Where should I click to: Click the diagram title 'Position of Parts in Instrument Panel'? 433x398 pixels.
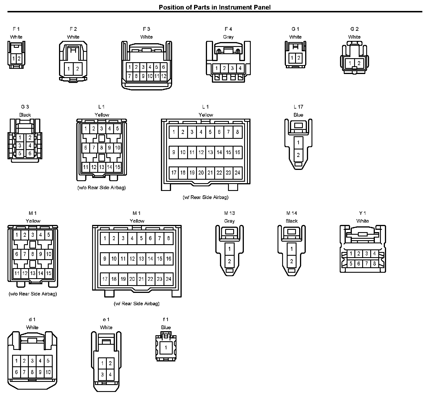(214, 7)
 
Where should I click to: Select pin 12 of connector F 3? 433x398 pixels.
(164, 76)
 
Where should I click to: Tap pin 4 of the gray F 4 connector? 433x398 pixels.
(240, 69)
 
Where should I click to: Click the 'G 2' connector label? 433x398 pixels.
(354, 29)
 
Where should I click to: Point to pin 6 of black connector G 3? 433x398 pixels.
(30, 153)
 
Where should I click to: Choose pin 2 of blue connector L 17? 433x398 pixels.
(298, 155)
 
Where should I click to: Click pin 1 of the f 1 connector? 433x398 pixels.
(166, 348)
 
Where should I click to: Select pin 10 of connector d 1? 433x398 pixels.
(48, 372)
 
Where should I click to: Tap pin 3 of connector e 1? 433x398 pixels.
(102, 375)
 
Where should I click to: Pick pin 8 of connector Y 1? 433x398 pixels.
(374, 264)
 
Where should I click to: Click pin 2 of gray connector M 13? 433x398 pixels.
(229, 261)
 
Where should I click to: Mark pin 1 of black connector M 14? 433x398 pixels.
(292, 249)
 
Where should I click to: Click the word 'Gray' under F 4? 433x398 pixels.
(228, 37)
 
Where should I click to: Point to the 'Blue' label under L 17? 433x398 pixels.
(298, 115)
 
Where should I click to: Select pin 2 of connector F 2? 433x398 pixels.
(78, 69)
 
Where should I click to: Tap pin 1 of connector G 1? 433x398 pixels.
(292, 58)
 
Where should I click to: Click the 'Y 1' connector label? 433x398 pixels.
(362, 213)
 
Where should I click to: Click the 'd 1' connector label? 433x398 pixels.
(32, 319)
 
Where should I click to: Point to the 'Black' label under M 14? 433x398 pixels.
(292, 221)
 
